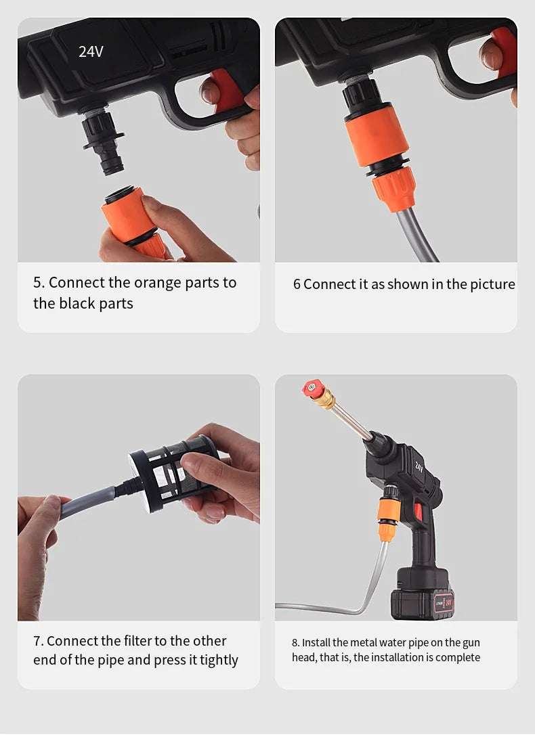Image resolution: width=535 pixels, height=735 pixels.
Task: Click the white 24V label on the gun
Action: (x=91, y=51)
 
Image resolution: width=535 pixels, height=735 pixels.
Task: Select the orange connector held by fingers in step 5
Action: (x=132, y=221)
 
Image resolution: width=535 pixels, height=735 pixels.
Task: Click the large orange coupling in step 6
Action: (x=377, y=137)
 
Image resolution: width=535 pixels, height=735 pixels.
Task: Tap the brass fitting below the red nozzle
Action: (x=325, y=399)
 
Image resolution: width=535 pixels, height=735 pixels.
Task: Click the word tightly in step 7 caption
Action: (x=219, y=660)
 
